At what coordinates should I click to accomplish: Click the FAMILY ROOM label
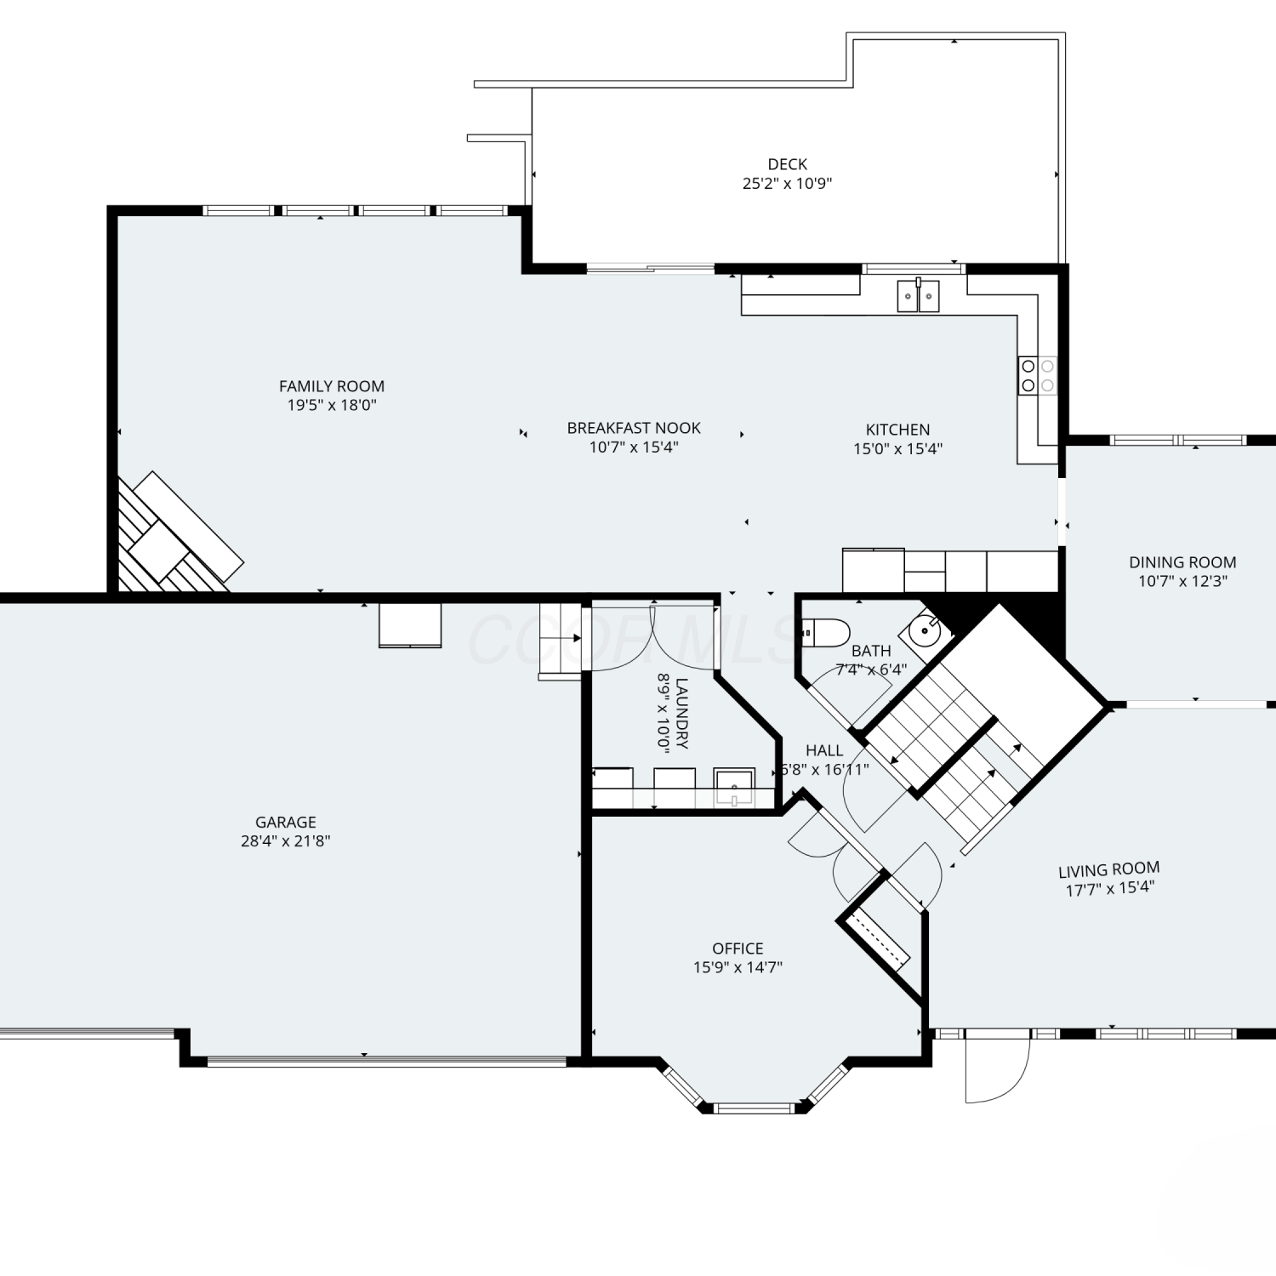click(332, 386)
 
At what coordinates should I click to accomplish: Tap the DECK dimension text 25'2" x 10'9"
click(787, 183)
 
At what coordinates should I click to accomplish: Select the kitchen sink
click(919, 296)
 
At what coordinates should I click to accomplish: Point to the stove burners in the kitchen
click(1038, 375)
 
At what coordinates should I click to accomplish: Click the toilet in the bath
click(826, 632)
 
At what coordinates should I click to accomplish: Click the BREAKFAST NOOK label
click(634, 428)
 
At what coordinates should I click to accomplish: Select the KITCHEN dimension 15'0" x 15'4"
click(898, 448)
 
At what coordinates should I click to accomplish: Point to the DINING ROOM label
click(1182, 562)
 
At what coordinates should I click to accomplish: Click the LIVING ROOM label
click(1109, 870)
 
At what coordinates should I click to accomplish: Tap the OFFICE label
click(738, 948)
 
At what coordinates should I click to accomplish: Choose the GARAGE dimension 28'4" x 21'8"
click(286, 840)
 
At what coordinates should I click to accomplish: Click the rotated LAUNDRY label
click(681, 713)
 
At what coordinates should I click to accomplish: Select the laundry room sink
click(734, 787)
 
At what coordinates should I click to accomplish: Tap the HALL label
click(824, 750)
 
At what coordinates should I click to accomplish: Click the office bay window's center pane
click(753, 1108)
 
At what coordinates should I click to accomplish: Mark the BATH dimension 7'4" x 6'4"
click(871, 669)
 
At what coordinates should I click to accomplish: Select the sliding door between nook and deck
click(651, 269)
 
